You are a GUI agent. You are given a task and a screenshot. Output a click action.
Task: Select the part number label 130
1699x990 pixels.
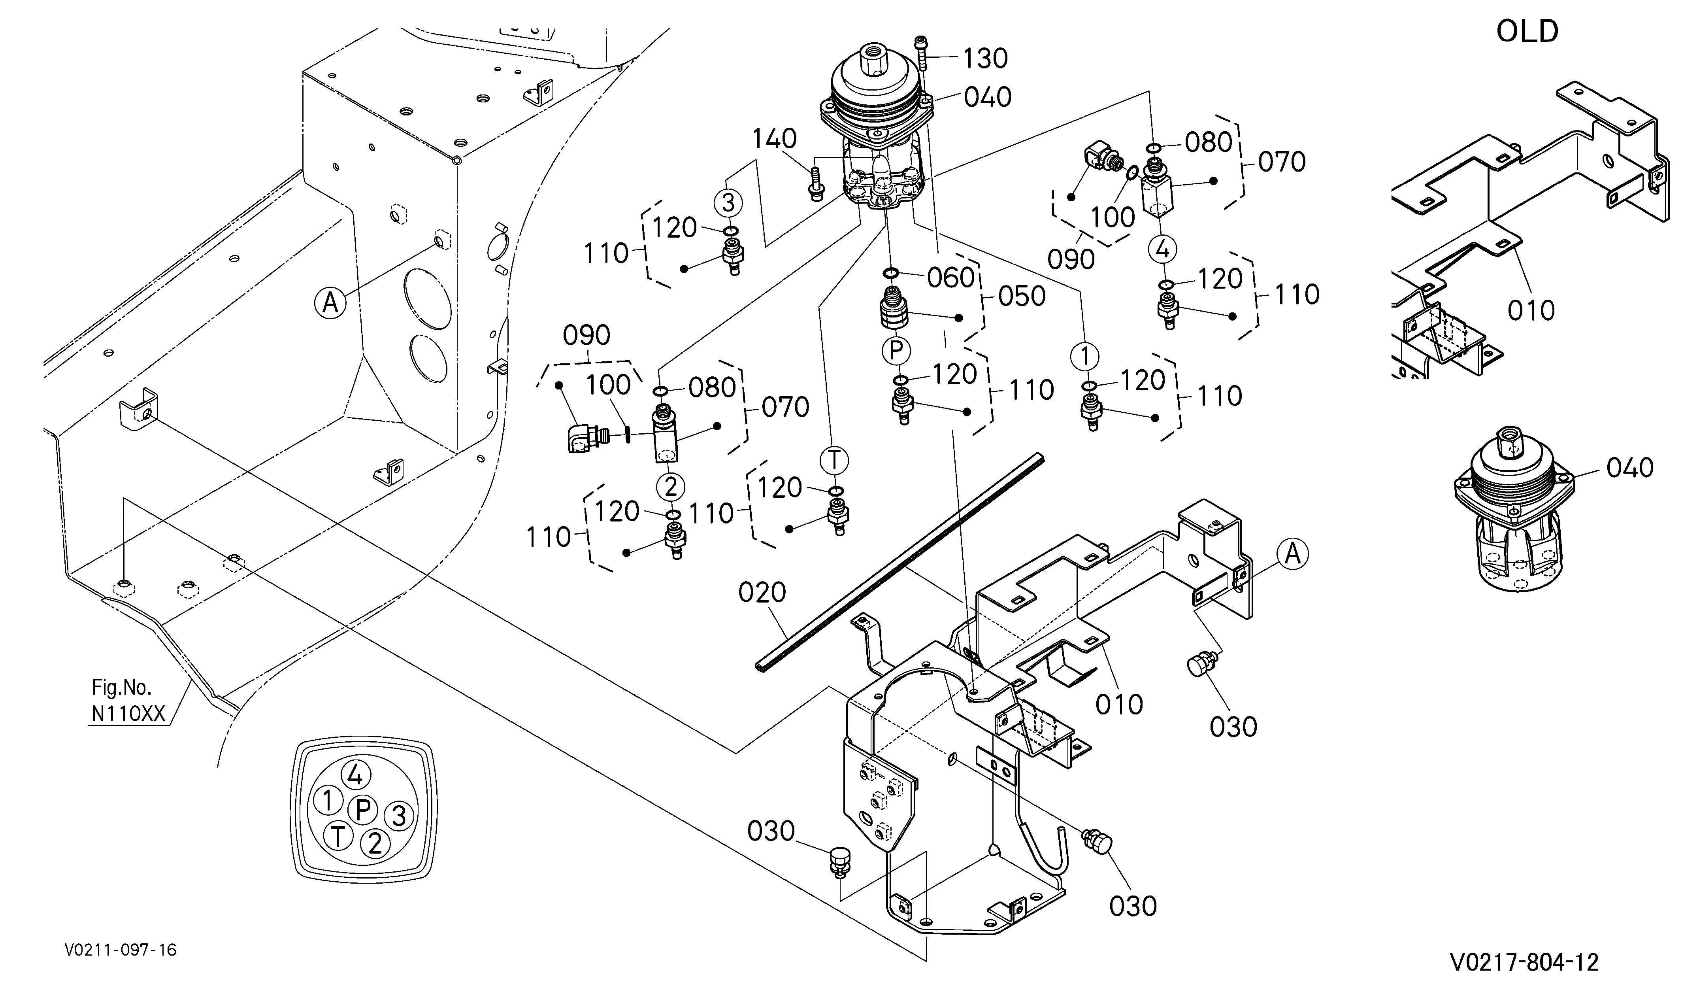coord(985,59)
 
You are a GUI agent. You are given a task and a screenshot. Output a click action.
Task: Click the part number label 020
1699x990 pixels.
coord(762,593)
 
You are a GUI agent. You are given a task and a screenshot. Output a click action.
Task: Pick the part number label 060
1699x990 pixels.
coord(950,277)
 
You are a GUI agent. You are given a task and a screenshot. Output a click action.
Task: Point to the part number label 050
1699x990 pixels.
coord(1022,296)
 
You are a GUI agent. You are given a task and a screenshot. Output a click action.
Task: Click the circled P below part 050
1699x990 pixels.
coord(896,351)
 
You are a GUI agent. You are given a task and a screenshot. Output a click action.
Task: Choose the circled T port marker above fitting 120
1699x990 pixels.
coord(835,461)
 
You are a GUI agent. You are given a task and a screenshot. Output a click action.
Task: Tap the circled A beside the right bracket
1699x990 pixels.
coord(1292,554)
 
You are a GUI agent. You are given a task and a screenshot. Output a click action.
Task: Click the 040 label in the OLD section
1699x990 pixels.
coord(1629,468)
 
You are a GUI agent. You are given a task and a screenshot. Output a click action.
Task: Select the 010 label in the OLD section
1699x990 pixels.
coord(1531,311)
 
